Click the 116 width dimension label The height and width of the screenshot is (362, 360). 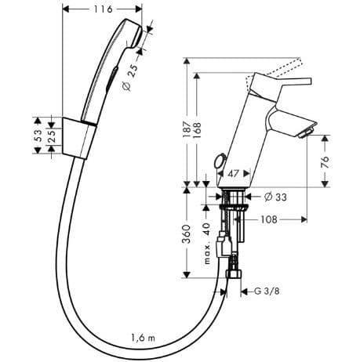[x=103, y=9]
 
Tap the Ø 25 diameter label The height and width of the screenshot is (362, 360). [x=130, y=78]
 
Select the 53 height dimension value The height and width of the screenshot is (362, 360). [x=38, y=136]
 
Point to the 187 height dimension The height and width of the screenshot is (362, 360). [x=187, y=129]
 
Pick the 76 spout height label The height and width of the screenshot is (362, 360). [x=325, y=162]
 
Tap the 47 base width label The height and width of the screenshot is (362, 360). [x=234, y=174]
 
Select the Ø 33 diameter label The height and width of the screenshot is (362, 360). [x=275, y=197]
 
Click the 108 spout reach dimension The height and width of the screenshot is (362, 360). [x=269, y=219]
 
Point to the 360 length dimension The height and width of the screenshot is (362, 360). [x=187, y=233]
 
